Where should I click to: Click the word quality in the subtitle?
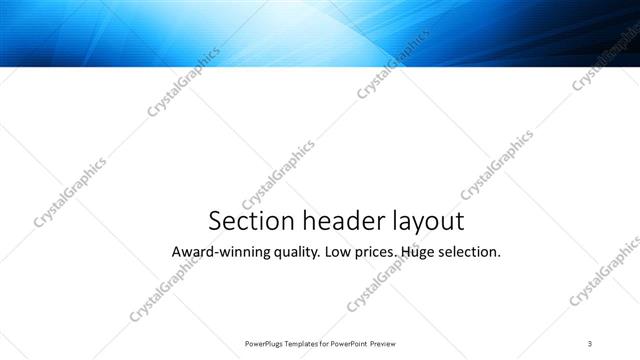pyautogui.click(x=290, y=252)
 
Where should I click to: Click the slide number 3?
pyautogui.click(x=590, y=343)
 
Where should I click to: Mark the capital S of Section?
pyautogui.click(x=214, y=221)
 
